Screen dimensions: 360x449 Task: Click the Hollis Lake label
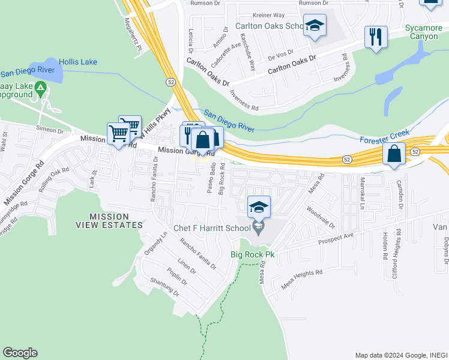point(78,62)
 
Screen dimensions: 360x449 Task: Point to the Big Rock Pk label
point(253,255)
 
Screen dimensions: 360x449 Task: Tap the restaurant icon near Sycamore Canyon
point(376,37)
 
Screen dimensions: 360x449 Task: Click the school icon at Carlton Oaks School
point(315,26)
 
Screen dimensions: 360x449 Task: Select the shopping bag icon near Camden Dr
point(394,154)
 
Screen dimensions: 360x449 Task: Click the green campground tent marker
point(41,90)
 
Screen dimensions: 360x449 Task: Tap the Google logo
point(20,353)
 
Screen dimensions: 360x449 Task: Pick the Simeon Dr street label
point(50,130)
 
